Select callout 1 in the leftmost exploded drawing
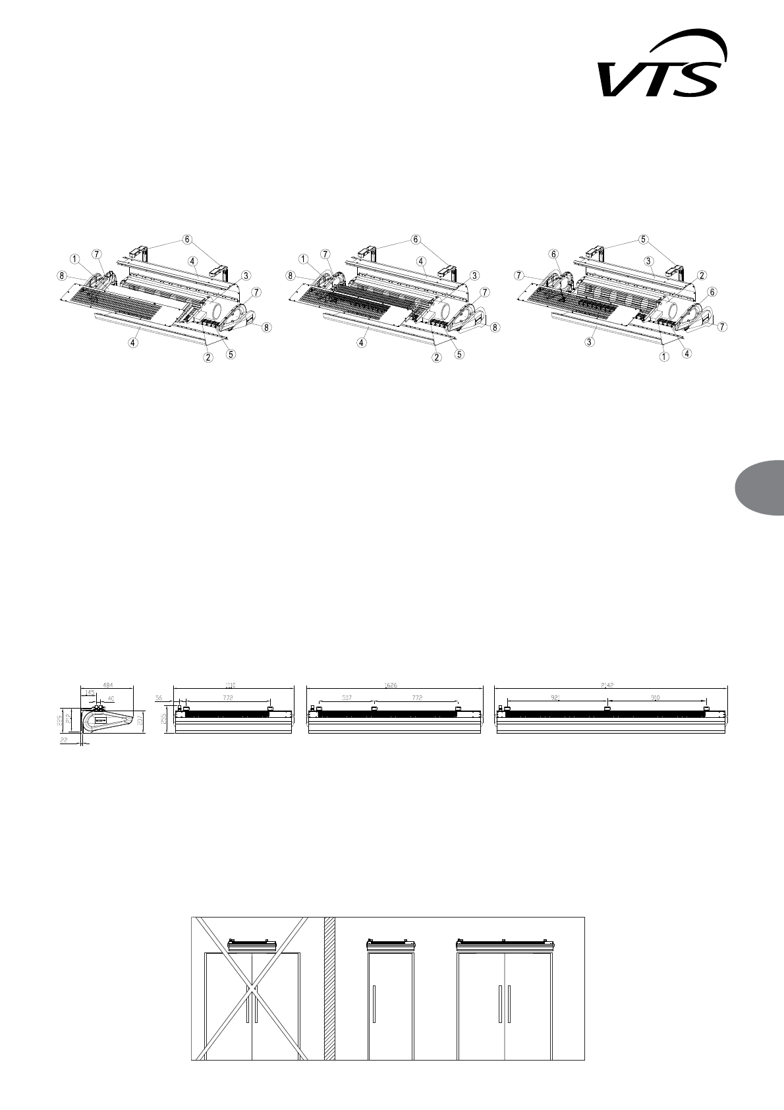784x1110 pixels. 74,257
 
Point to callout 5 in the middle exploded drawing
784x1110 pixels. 460,354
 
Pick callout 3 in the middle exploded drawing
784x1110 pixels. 474,275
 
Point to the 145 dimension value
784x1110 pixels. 90,693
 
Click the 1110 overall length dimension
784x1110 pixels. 231,686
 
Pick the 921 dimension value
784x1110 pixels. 555,696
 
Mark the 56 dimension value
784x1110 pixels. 159,696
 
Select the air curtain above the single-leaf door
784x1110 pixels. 390,946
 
